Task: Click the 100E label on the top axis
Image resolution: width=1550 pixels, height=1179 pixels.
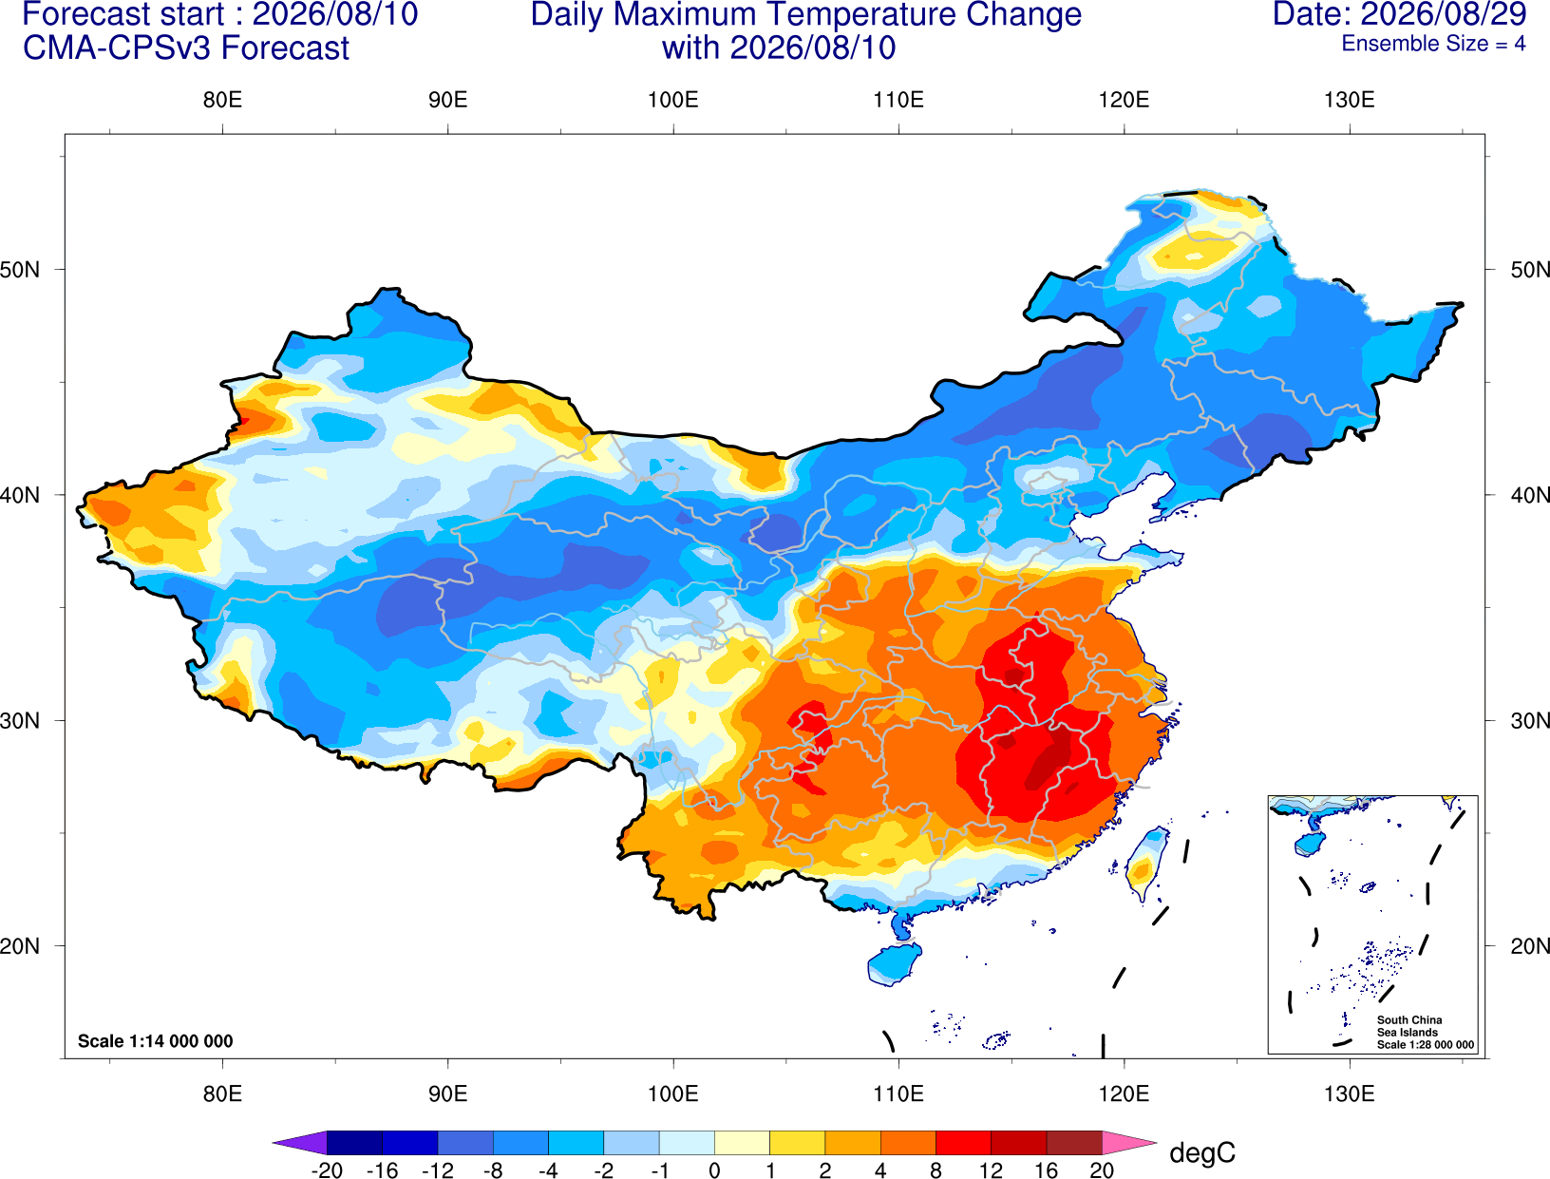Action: [x=673, y=100]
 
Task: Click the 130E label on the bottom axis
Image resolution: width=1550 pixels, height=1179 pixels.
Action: [x=1349, y=1093]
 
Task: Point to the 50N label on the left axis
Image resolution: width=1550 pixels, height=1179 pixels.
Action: [x=20, y=269]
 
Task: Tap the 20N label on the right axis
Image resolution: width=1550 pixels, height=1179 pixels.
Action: [x=1529, y=945]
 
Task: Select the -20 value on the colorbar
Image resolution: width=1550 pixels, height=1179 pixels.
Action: [x=327, y=1169]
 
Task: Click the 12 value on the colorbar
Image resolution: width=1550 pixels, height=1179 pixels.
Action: [x=991, y=1169]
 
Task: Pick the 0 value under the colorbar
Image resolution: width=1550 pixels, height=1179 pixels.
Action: [x=714, y=1169]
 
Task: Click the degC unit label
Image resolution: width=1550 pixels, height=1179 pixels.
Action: [x=1201, y=1152]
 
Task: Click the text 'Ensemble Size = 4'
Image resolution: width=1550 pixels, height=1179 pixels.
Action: [x=1433, y=44]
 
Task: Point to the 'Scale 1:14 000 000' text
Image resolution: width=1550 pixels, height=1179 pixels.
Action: [x=156, y=1040]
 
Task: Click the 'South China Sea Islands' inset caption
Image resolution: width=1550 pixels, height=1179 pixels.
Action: [x=1409, y=1026]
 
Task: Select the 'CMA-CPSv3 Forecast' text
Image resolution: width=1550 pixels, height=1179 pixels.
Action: [x=186, y=48]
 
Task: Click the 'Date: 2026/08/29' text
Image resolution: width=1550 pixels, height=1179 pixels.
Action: [x=1400, y=14]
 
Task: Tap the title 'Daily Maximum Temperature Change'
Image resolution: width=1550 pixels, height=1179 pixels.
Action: [x=805, y=14]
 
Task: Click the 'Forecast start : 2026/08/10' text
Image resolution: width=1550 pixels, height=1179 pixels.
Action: [x=220, y=14]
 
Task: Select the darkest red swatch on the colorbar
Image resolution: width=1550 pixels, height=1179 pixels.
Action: [x=1074, y=1142]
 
